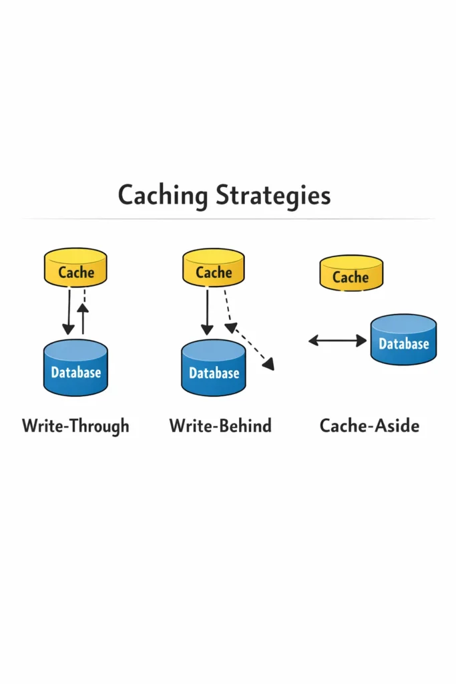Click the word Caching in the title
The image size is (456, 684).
point(163,196)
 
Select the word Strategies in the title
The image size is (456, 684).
point(274,196)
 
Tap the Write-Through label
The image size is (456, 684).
point(75,425)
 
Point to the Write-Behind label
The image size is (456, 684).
point(220,425)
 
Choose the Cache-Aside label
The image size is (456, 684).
point(369,425)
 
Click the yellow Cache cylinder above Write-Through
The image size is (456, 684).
point(75,268)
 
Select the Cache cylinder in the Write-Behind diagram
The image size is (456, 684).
point(214,268)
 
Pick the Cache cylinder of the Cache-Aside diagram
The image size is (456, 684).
point(351,274)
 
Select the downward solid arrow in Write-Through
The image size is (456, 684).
point(69,311)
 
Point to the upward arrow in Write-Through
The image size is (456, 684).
point(83,318)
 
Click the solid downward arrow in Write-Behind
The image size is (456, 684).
point(207,311)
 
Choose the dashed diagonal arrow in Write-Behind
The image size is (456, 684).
point(248,344)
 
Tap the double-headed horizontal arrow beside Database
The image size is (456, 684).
point(338,341)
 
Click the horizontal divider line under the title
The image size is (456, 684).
point(228,218)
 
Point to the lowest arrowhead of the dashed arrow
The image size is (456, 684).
point(269,365)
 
